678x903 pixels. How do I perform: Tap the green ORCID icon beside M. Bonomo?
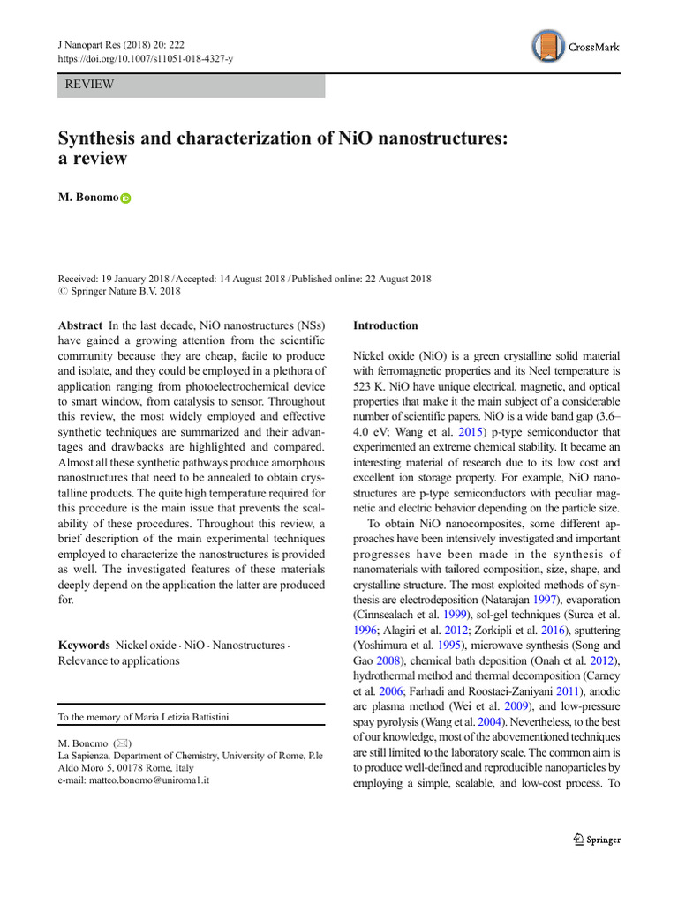125,199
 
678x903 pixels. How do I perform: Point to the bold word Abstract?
80,325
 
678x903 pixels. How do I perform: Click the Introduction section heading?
386,325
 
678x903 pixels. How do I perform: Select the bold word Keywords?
84,646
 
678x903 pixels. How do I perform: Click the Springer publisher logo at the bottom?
597,840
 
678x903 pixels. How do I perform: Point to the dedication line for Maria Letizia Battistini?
143,718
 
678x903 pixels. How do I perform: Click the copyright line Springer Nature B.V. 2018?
119,290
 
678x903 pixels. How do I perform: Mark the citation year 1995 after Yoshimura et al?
439,646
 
